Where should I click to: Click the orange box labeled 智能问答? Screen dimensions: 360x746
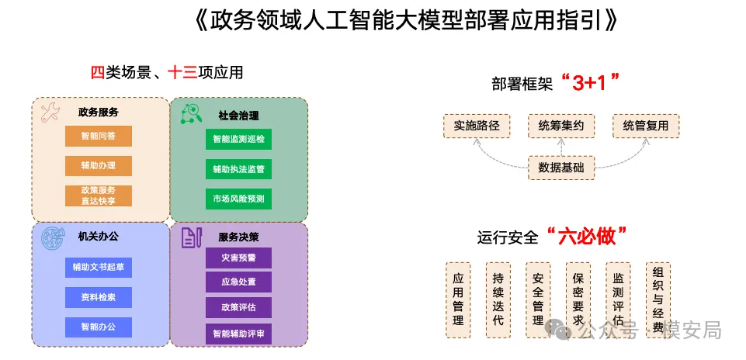[99, 136]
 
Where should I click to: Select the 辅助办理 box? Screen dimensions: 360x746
[99, 165]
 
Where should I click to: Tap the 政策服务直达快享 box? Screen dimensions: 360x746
[99, 196]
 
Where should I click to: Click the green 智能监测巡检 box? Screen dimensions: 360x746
[238, 140]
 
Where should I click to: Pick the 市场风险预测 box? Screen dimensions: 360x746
[238, 199]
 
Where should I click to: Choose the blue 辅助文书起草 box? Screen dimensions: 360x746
[99, 267]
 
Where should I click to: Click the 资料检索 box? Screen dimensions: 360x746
[99, 296]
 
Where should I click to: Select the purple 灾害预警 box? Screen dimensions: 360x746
[238, 258]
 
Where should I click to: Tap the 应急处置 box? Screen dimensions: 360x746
[238, 282]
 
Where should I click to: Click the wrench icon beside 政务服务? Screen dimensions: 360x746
[49, 112]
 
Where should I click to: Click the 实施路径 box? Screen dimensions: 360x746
[476, 126]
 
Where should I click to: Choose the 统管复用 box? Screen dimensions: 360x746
[645, 126]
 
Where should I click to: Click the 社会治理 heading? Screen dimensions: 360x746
[238, 116]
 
